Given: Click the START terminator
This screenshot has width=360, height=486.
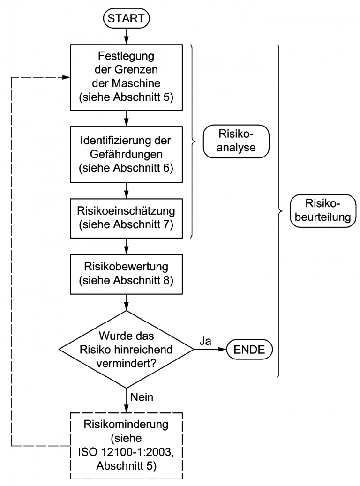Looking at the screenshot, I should [x=126, y=19].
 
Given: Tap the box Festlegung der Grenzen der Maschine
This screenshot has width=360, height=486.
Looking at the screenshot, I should [x=126, y=77].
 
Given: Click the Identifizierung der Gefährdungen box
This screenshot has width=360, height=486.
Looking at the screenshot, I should [x=126, y=155].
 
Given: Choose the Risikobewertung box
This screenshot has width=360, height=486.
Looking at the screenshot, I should [x=126, y=273].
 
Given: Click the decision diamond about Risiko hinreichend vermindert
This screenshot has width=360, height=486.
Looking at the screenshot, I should [x=126, y=349].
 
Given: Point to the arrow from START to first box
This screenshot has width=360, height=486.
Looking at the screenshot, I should [x=126, y=37].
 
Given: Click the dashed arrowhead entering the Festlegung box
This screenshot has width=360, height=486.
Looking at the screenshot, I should [x=65, y=77].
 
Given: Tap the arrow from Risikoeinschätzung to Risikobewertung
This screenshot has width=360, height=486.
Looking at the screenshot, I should [x=126, y=246].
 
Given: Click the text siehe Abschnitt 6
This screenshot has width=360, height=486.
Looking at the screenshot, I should [x=126, y=168].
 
